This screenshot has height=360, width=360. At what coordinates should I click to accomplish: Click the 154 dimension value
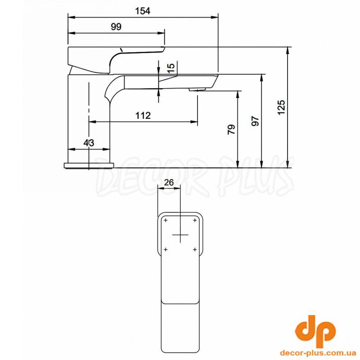pyautogui.click(x=143, y=11)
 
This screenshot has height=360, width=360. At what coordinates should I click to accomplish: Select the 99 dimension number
pyautogui.click(x=116, y=27)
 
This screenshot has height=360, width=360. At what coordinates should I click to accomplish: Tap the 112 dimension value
pyautogui.click(x=143, y=116)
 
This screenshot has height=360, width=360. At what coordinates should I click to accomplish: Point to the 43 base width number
pyautogui.click(x=89, y=143)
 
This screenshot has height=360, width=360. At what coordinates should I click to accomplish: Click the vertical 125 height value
pyautogui.click(x=281, y=107)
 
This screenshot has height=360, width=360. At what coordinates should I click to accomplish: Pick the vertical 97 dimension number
pyautogui.click(x=255, y=121)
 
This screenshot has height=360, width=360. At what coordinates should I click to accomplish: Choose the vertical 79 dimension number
pyautogui.click(x=231, y=130)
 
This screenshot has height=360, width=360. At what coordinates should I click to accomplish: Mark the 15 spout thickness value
pyautogui.click(x=171, y=68)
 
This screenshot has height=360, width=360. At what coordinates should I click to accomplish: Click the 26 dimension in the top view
pyautogui.click(x=169, y=183)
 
